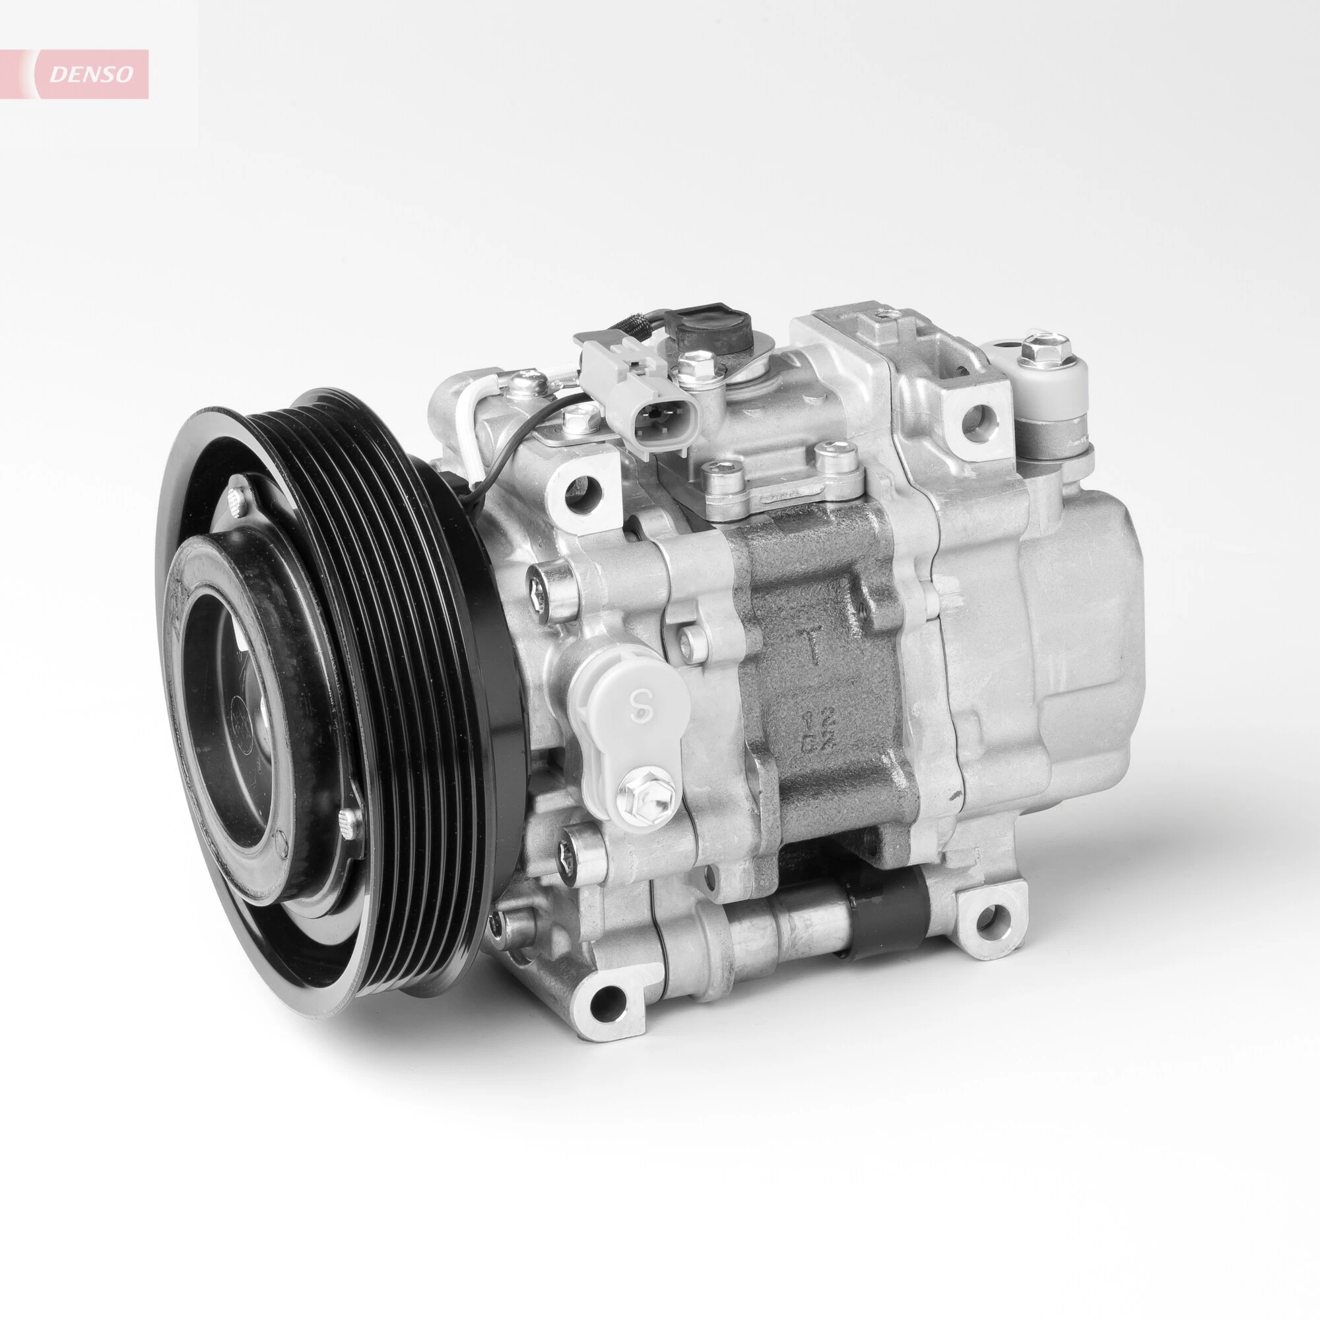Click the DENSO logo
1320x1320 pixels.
point(90,75)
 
